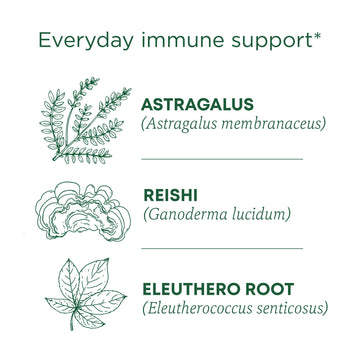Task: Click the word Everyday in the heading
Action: point(84,41)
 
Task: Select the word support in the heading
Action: point(267,43)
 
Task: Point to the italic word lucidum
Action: point(260,213)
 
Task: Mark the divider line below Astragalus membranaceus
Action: point(222,158)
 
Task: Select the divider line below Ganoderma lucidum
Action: point(222,247)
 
